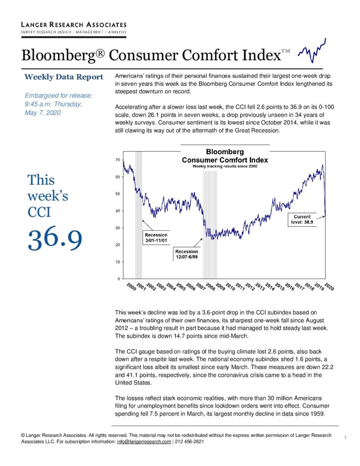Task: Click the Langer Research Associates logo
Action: (x=74, y=29)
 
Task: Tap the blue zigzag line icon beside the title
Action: (x=312, y=51)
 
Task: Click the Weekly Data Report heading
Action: (x=64, y=77)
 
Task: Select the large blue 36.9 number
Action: (x=55, y=238)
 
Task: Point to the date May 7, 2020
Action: (x=42, y=113)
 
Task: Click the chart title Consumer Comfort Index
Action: (x=225, y=160)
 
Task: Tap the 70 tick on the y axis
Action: (x=118, y=160)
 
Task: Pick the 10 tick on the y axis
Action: (x=118, y=262)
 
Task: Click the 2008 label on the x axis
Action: (x=210, y=287)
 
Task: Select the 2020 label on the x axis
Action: (x=329, y=287)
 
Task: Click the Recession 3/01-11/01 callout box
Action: (x=156, y=238)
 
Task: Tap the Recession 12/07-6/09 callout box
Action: (x=187, y=254)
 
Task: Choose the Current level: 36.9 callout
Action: (x=302, y=219)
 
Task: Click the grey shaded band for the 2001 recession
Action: (x=138, y=215)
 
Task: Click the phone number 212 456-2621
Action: (x=189, y=441)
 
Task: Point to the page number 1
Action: (x=345, y=437)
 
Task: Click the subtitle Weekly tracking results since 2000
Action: (x=225, y=166)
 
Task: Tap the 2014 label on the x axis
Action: (x=269, y=287)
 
